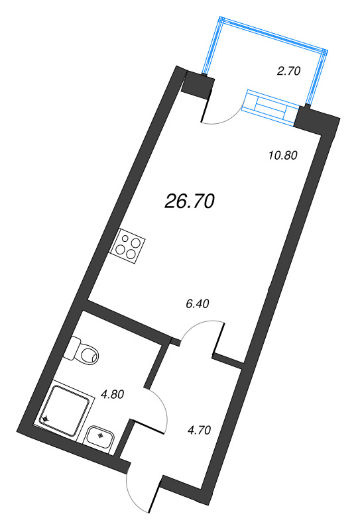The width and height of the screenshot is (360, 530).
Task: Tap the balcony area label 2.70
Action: tap(289, 72)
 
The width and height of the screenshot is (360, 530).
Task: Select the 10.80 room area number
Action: tap(281, 156)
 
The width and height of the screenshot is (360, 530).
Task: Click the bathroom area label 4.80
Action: tap(113, 396)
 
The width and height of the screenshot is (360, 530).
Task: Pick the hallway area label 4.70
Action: tap(199, 429)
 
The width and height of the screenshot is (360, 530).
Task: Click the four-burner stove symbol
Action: tap(129, 244)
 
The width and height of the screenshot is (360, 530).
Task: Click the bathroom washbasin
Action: tap(100, 435)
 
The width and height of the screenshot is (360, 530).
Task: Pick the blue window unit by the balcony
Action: tap(269, 105)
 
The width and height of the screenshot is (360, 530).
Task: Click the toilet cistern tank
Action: tap(74, 347)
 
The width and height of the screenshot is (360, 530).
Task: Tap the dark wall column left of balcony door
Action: tap(197, 86)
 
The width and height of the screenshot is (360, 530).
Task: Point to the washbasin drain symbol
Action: tap(100, 435)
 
